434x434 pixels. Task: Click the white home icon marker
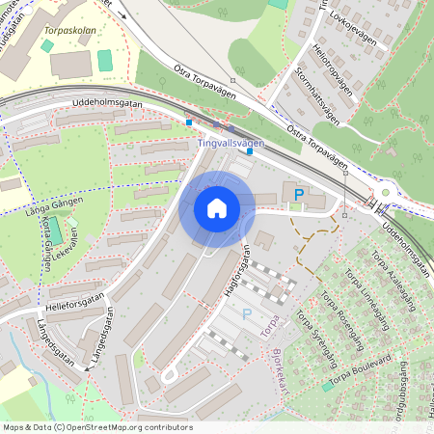coord(217,207)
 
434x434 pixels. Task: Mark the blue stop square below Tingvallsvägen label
coord(250,151)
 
